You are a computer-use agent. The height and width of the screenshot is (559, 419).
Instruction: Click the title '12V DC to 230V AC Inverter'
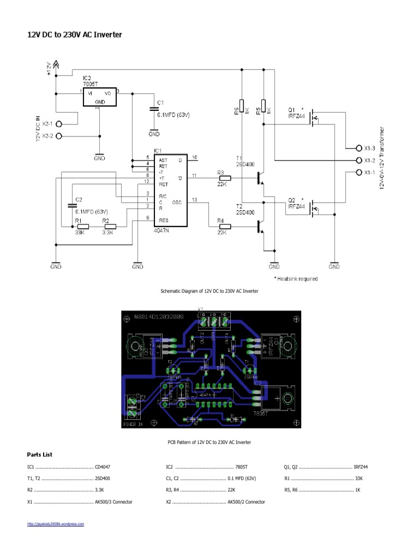click(x=75, y=35)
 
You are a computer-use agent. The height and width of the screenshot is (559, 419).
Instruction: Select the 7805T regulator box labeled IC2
click(x=99, y=97)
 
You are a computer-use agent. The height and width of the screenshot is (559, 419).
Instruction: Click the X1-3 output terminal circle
click(x=358, y=148)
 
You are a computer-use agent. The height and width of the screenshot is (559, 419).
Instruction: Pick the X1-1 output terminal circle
click(x=358, y=173)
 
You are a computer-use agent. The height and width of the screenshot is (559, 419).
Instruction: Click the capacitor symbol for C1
click(x=154, y=110)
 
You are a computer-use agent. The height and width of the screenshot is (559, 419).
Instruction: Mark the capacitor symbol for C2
click(x=71, y=206)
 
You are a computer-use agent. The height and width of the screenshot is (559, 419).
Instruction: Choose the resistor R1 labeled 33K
click(x=82, y=226)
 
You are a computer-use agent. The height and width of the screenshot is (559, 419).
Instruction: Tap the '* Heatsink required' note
click(x=295, y=279)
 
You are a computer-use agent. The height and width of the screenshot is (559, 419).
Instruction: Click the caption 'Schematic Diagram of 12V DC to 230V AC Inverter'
click(x=209, y=292)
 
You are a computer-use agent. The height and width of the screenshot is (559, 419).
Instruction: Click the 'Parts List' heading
click(x=40, y=454)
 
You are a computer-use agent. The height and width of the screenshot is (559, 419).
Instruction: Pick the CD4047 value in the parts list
click(x=103, y=467)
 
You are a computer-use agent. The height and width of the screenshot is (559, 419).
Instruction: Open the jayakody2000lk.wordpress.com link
click(x=56, y=524)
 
